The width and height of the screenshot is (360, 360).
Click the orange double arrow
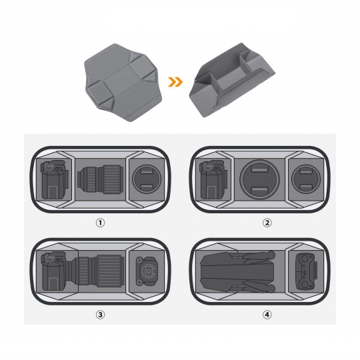point(175,82)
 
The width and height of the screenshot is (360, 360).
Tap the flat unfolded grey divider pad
point(123,83)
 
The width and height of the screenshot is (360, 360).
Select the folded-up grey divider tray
point(232,80)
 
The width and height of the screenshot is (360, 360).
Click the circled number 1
point(100,223)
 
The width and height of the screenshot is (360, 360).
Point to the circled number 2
point(267,223)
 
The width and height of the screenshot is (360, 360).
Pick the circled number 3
point(100,315)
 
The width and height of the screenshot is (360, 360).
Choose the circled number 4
point(267,315)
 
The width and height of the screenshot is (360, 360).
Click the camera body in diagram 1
point(55,179)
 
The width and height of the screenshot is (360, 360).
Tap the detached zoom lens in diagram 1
point(100,179)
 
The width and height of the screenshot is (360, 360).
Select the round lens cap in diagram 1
point(147,180)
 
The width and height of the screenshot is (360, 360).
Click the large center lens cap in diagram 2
point(260,179)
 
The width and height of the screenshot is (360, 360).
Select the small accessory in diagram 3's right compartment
point(147,271)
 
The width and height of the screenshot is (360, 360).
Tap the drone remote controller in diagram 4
point(306,271)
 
